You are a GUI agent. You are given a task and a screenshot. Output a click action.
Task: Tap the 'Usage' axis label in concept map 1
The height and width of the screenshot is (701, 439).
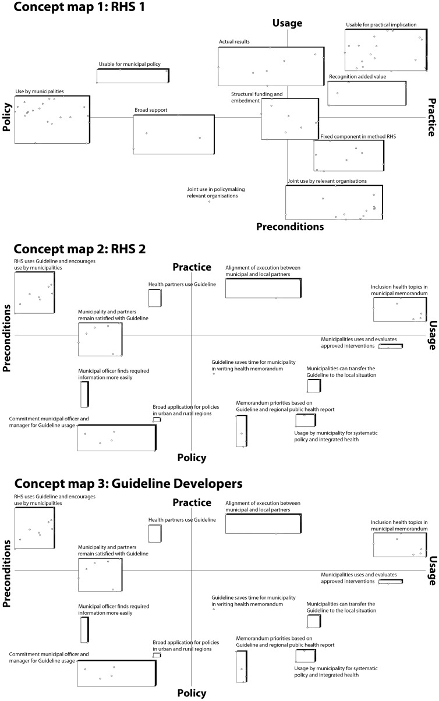coord(288,23)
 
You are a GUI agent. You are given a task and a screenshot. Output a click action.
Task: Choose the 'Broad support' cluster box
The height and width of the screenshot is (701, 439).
coord(174,134)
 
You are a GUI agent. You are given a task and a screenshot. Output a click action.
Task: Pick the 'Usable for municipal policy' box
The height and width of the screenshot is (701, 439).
coord(133,76)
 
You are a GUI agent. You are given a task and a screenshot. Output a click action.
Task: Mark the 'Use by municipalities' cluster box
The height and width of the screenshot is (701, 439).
coord(52,119)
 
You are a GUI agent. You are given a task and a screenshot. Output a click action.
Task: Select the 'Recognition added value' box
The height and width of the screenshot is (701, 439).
coord(366,93)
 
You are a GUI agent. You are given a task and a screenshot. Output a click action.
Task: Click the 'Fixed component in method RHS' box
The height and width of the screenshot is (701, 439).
coord(348,155)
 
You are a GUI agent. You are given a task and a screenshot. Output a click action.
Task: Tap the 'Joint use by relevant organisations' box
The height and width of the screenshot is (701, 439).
coord(334,202)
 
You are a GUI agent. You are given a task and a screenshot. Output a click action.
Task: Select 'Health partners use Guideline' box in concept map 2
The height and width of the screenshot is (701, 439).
coord(154,298)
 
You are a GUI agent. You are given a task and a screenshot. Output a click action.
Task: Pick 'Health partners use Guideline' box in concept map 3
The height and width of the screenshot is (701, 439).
coord(154,533)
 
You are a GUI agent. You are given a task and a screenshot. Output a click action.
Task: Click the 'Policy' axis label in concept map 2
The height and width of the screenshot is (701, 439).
coord(192,458)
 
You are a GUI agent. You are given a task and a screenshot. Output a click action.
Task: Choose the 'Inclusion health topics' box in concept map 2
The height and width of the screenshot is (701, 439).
coord(399,310)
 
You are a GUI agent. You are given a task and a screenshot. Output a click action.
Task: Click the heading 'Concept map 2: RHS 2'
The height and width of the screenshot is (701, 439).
coord(80,249)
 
